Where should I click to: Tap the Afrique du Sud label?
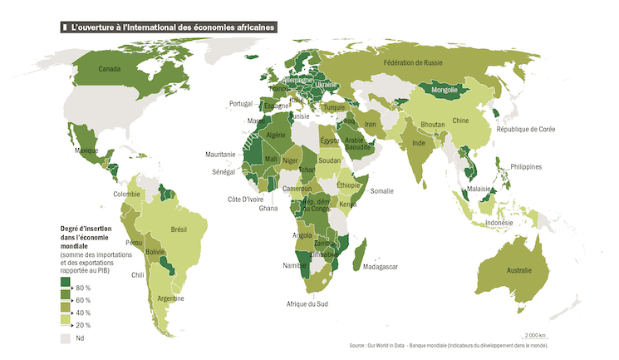coord(307,304)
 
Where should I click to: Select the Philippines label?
coord(525,167)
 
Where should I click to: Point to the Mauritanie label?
coord(223,155)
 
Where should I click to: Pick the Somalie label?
coord(382,191)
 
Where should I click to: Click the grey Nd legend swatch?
coord(65,338)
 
